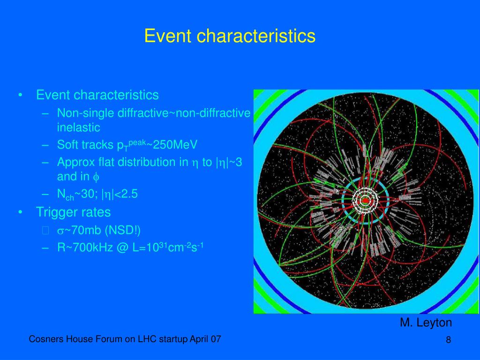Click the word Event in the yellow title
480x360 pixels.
[168, 36]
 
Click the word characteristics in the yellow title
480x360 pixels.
[256, 36]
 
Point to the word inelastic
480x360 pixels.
[78, 127]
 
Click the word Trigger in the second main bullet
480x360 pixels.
[55, 212]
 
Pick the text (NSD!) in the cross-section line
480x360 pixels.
[122, 230]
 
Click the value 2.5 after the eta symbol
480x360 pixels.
[129, 194]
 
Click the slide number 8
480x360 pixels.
[448, 340]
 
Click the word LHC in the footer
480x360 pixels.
[147, 339]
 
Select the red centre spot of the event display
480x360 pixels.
[365, 201]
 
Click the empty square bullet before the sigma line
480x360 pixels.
[45, 231]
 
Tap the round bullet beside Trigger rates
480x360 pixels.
[20, 212]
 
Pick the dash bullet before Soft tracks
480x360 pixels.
[45, 145]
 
